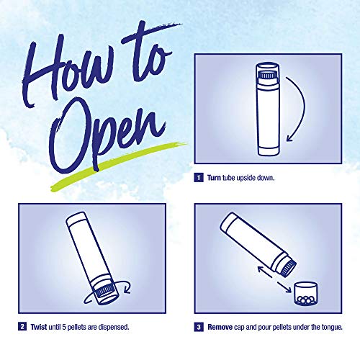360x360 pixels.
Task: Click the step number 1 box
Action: [x=198, y=177]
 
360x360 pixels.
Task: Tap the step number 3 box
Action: [x=198, y=327]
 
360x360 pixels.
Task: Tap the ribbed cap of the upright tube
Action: [x=268, y=72]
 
